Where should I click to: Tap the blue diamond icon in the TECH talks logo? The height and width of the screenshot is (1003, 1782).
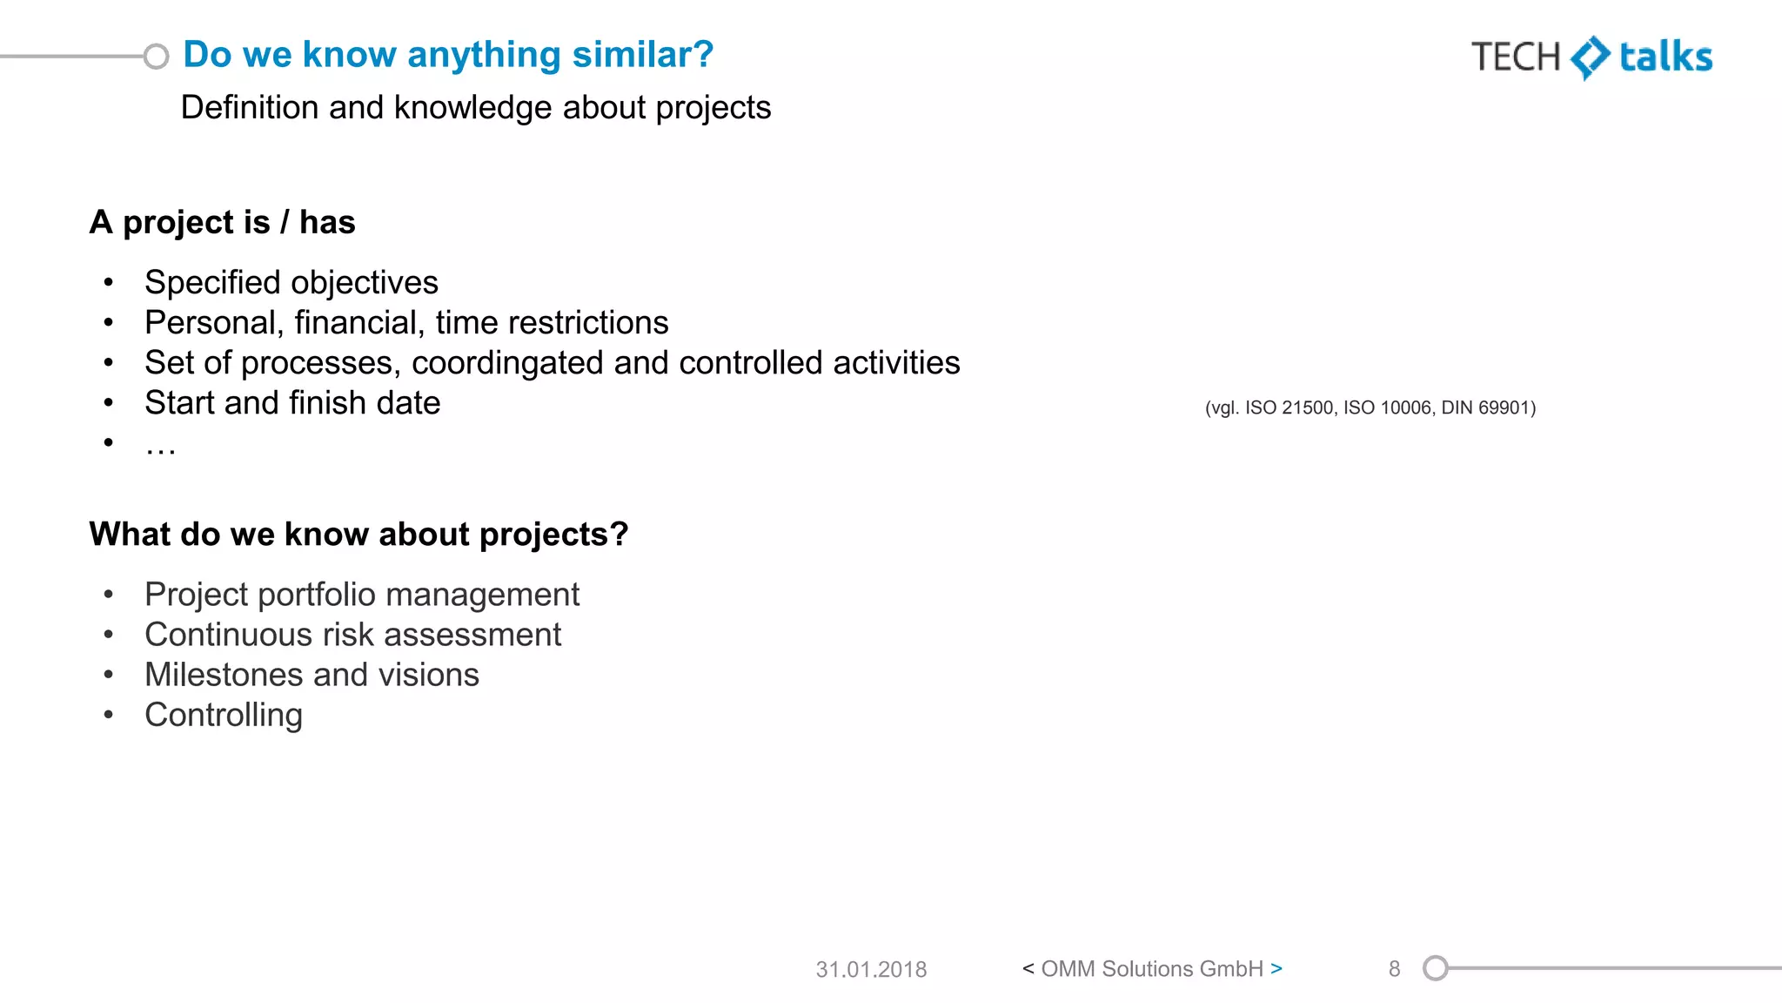pos(1591,57)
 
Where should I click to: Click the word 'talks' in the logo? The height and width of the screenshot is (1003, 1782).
pos(1665,57)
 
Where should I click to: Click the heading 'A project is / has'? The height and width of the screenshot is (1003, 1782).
pos(222,223)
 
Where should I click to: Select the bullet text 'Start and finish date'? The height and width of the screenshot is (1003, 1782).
pos(292,403)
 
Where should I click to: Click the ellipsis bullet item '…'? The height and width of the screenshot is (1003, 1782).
pos(160,446)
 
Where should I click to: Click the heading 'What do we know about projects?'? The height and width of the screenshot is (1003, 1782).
pos(358,535)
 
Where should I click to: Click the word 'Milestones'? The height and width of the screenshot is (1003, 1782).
pos(224,675)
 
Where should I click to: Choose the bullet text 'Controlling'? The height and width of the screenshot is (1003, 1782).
pos(224,715)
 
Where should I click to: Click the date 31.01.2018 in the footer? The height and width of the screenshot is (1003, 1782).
pos(871,969)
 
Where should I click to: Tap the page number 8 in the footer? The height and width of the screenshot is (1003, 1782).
pos(1394,969)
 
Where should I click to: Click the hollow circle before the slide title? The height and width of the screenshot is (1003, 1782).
pos(156,57)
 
